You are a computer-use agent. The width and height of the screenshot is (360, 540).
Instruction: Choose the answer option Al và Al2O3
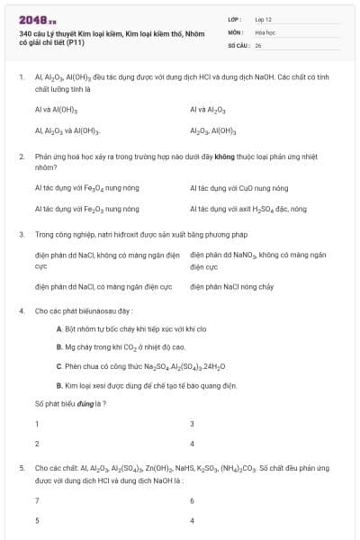[x=208, y=110]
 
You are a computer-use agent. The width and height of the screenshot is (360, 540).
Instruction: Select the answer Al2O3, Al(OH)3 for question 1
[x=212, y=131]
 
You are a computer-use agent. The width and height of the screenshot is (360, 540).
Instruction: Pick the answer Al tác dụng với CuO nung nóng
[x=239, y=188]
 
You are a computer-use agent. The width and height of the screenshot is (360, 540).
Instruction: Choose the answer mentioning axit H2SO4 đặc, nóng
[x=248, y=209]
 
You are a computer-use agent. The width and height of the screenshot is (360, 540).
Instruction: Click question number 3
[x=21, y=234]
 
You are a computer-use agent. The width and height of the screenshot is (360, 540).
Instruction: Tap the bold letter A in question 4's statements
[x=58, y=329]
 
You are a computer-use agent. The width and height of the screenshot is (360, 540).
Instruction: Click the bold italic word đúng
[x=85, y=403]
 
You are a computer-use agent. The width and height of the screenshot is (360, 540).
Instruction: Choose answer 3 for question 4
[x=192, y=424]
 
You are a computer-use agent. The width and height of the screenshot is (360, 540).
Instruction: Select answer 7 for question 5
[x=37, y=500]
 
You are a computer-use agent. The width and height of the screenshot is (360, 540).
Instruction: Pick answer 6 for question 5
[x=192, y=500]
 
